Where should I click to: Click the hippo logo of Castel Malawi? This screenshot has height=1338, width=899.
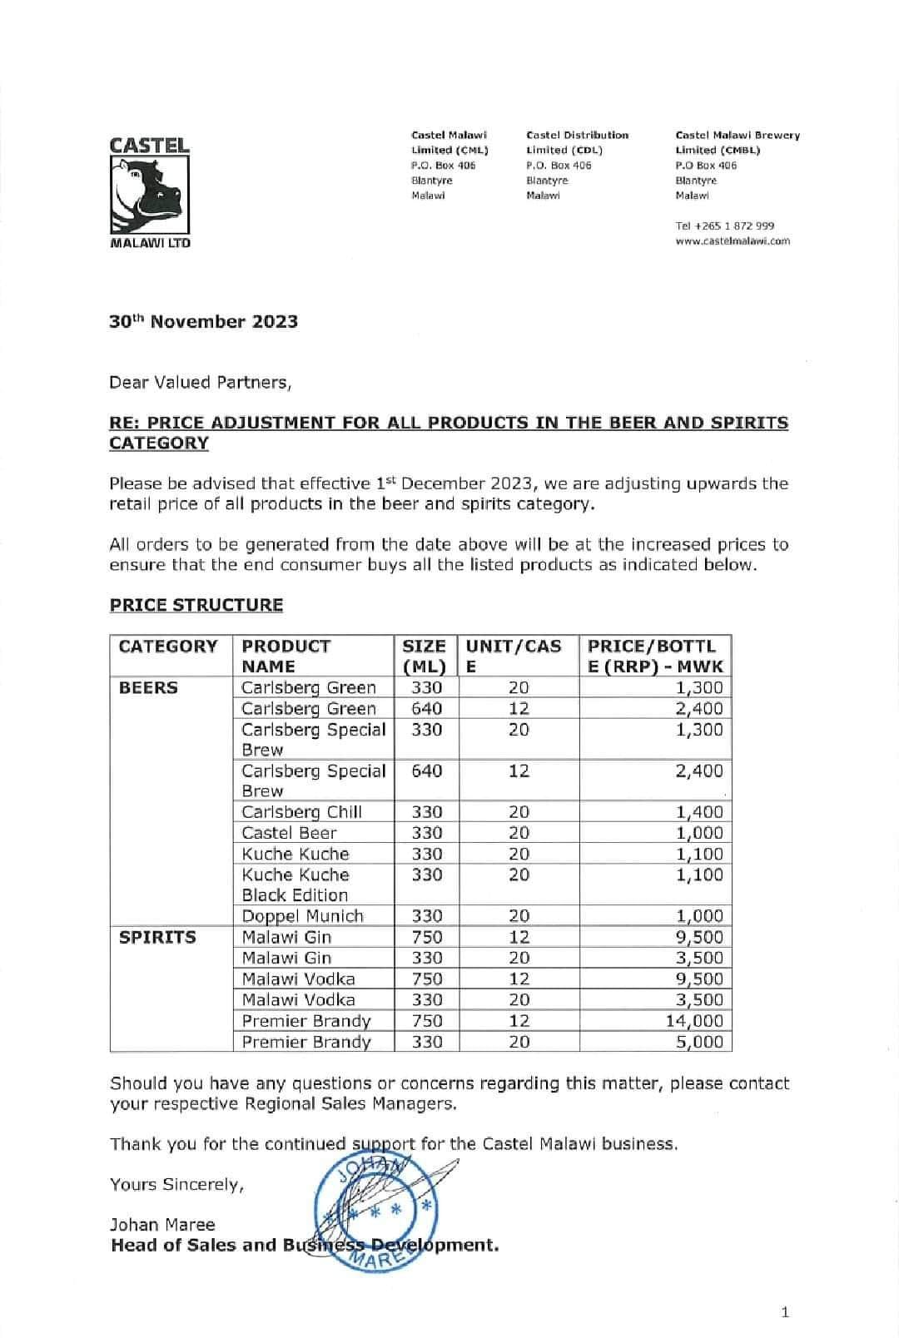150,194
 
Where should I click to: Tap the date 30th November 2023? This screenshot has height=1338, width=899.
203,322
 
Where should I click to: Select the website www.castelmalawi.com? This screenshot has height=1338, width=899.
733,241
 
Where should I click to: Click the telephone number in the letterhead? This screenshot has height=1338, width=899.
724,225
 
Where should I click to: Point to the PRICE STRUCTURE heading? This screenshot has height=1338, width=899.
196,605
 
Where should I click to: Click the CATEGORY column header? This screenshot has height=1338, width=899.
168,647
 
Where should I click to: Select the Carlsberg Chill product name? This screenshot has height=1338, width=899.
301,812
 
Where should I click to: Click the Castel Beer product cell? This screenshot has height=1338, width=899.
289,833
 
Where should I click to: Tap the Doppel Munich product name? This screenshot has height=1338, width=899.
302,916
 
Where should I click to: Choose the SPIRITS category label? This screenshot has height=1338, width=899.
157,938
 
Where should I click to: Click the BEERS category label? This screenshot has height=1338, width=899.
148,688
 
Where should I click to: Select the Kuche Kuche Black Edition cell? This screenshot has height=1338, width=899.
296,885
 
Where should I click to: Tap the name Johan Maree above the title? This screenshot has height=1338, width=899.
162,1225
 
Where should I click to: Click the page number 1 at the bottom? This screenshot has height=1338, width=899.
785,1313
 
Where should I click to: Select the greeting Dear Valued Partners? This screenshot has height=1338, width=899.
201,383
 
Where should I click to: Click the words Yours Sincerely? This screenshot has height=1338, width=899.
176,1185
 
